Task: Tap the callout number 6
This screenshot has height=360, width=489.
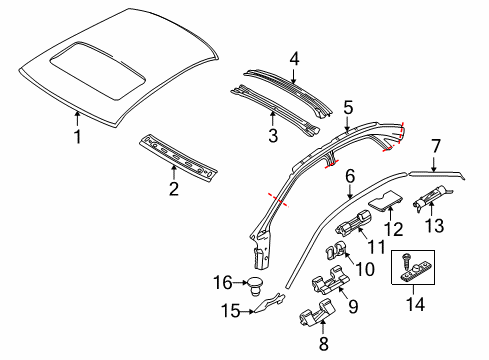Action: click(350, 174)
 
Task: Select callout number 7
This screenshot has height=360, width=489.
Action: click(435, 147)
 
